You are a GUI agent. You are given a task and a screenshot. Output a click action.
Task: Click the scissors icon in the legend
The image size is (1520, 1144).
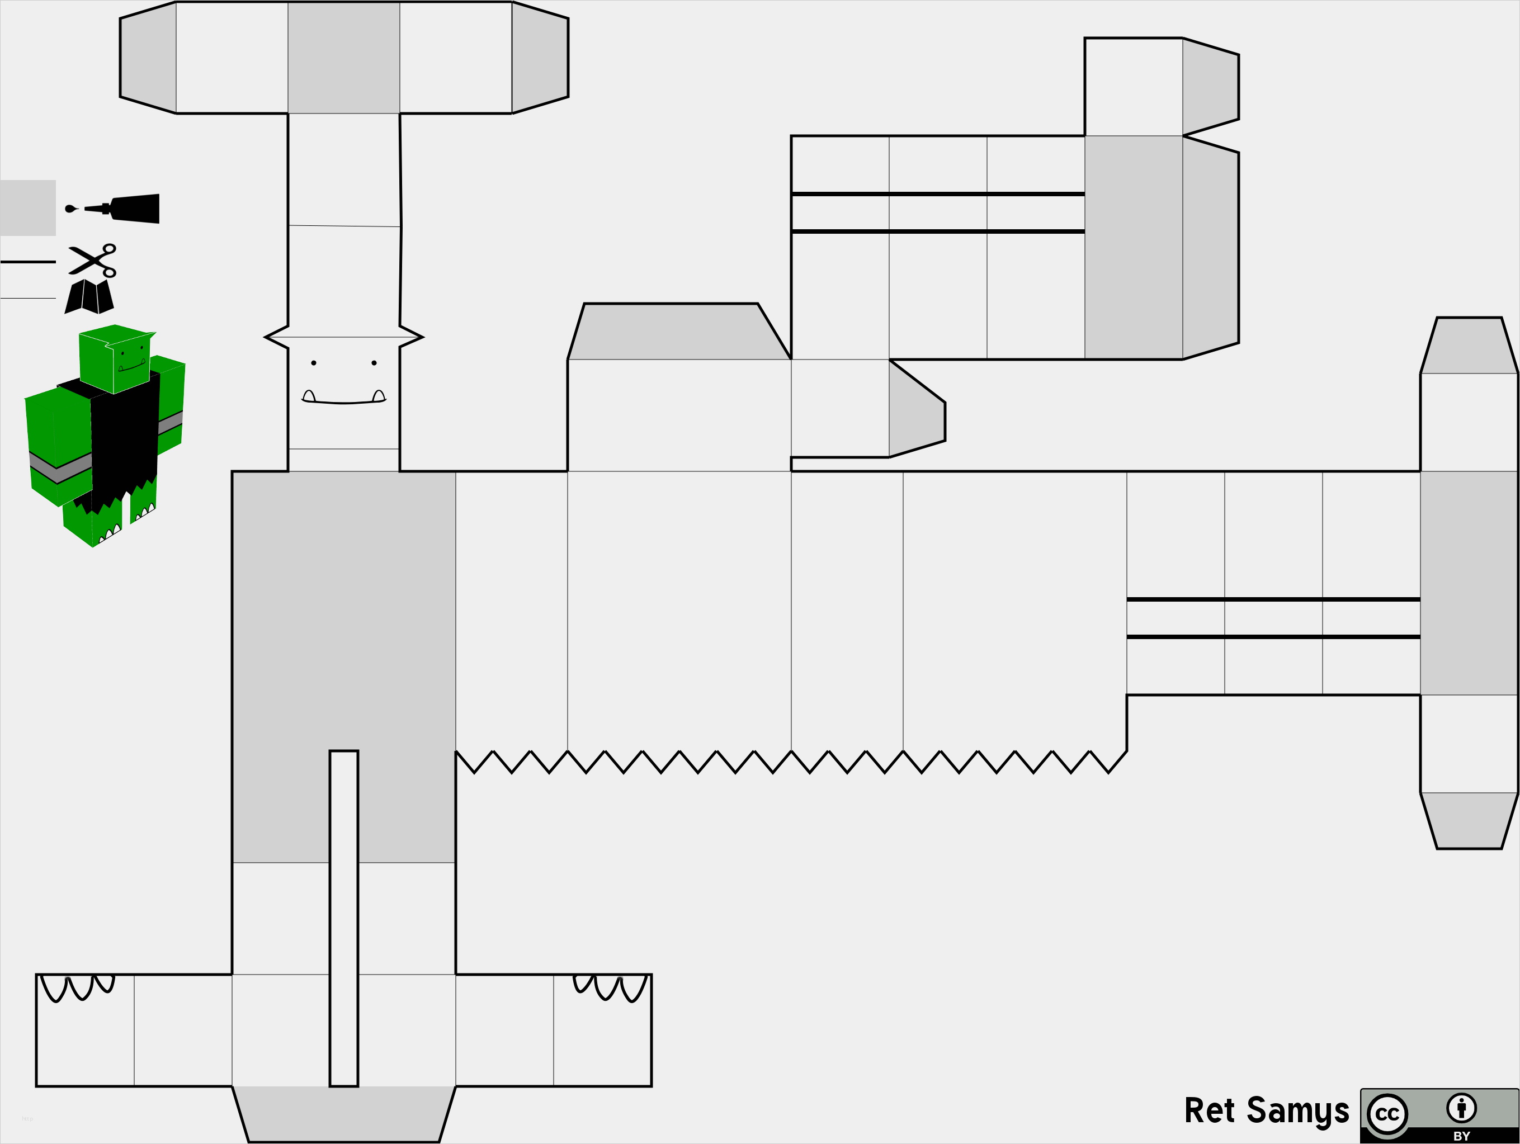click(93, 261)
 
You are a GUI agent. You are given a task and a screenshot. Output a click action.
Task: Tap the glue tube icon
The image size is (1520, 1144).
click(112, 208)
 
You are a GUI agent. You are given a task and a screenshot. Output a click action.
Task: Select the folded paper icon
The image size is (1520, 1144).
click(89, 296)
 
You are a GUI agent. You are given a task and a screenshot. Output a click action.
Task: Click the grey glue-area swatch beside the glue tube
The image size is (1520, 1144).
click(27, 207)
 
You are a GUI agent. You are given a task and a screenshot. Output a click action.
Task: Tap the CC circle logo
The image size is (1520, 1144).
click(1387, 1114)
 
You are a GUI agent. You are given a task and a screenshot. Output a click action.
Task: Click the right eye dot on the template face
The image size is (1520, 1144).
click(374, 363)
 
